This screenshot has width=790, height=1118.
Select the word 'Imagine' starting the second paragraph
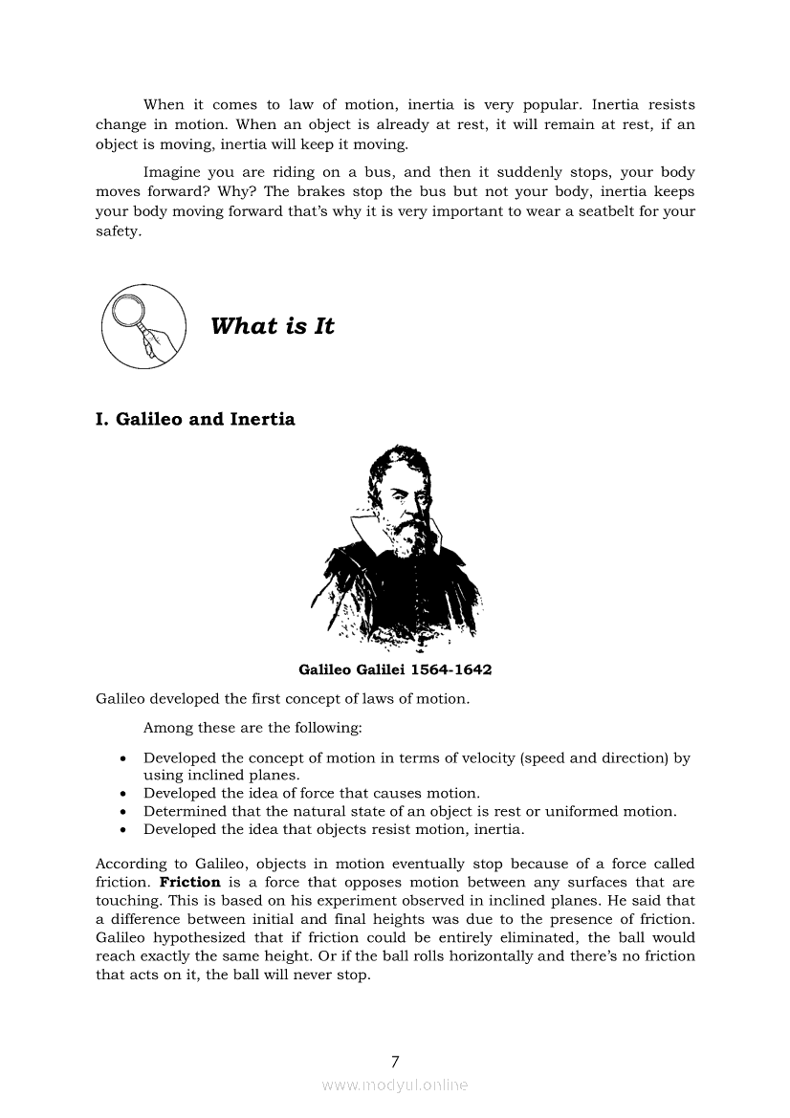click(173, 173)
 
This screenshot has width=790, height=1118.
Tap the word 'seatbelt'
click(582, 210)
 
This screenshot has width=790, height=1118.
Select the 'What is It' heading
click(273, 326)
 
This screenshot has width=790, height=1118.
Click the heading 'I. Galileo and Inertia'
click(196, 419)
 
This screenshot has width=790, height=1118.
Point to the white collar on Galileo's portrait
click(368, 529)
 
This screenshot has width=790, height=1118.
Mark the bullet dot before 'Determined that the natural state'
click(124, 812)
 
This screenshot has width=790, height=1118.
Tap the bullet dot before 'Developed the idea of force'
click(124, 794)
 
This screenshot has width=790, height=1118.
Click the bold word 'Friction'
click(189, 883)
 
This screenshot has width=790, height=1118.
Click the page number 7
click(395, 1062)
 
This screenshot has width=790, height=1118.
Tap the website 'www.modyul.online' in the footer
click(395, 1085)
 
